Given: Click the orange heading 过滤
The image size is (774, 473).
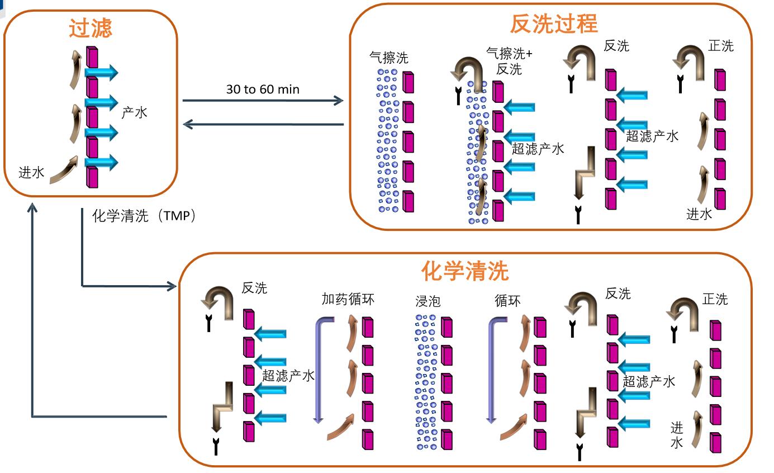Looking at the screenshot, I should (91, 28).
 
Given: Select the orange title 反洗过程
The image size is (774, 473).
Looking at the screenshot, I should (553, 23).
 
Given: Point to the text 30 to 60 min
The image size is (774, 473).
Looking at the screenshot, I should (263, 89).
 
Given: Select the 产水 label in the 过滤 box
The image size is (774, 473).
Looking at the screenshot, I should (134, 112).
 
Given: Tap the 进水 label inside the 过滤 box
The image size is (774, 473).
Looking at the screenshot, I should (31, 172).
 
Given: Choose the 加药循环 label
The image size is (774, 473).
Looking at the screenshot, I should (348, 299).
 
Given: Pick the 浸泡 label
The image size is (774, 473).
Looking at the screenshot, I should (428, 301).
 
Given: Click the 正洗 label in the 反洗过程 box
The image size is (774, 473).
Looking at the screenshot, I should (720, 46).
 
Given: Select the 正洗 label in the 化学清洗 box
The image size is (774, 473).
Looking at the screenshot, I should (715, 299).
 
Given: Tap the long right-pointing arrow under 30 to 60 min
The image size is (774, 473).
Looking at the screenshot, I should (263, 101).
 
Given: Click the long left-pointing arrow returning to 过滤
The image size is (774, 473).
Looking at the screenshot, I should (263, 125).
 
